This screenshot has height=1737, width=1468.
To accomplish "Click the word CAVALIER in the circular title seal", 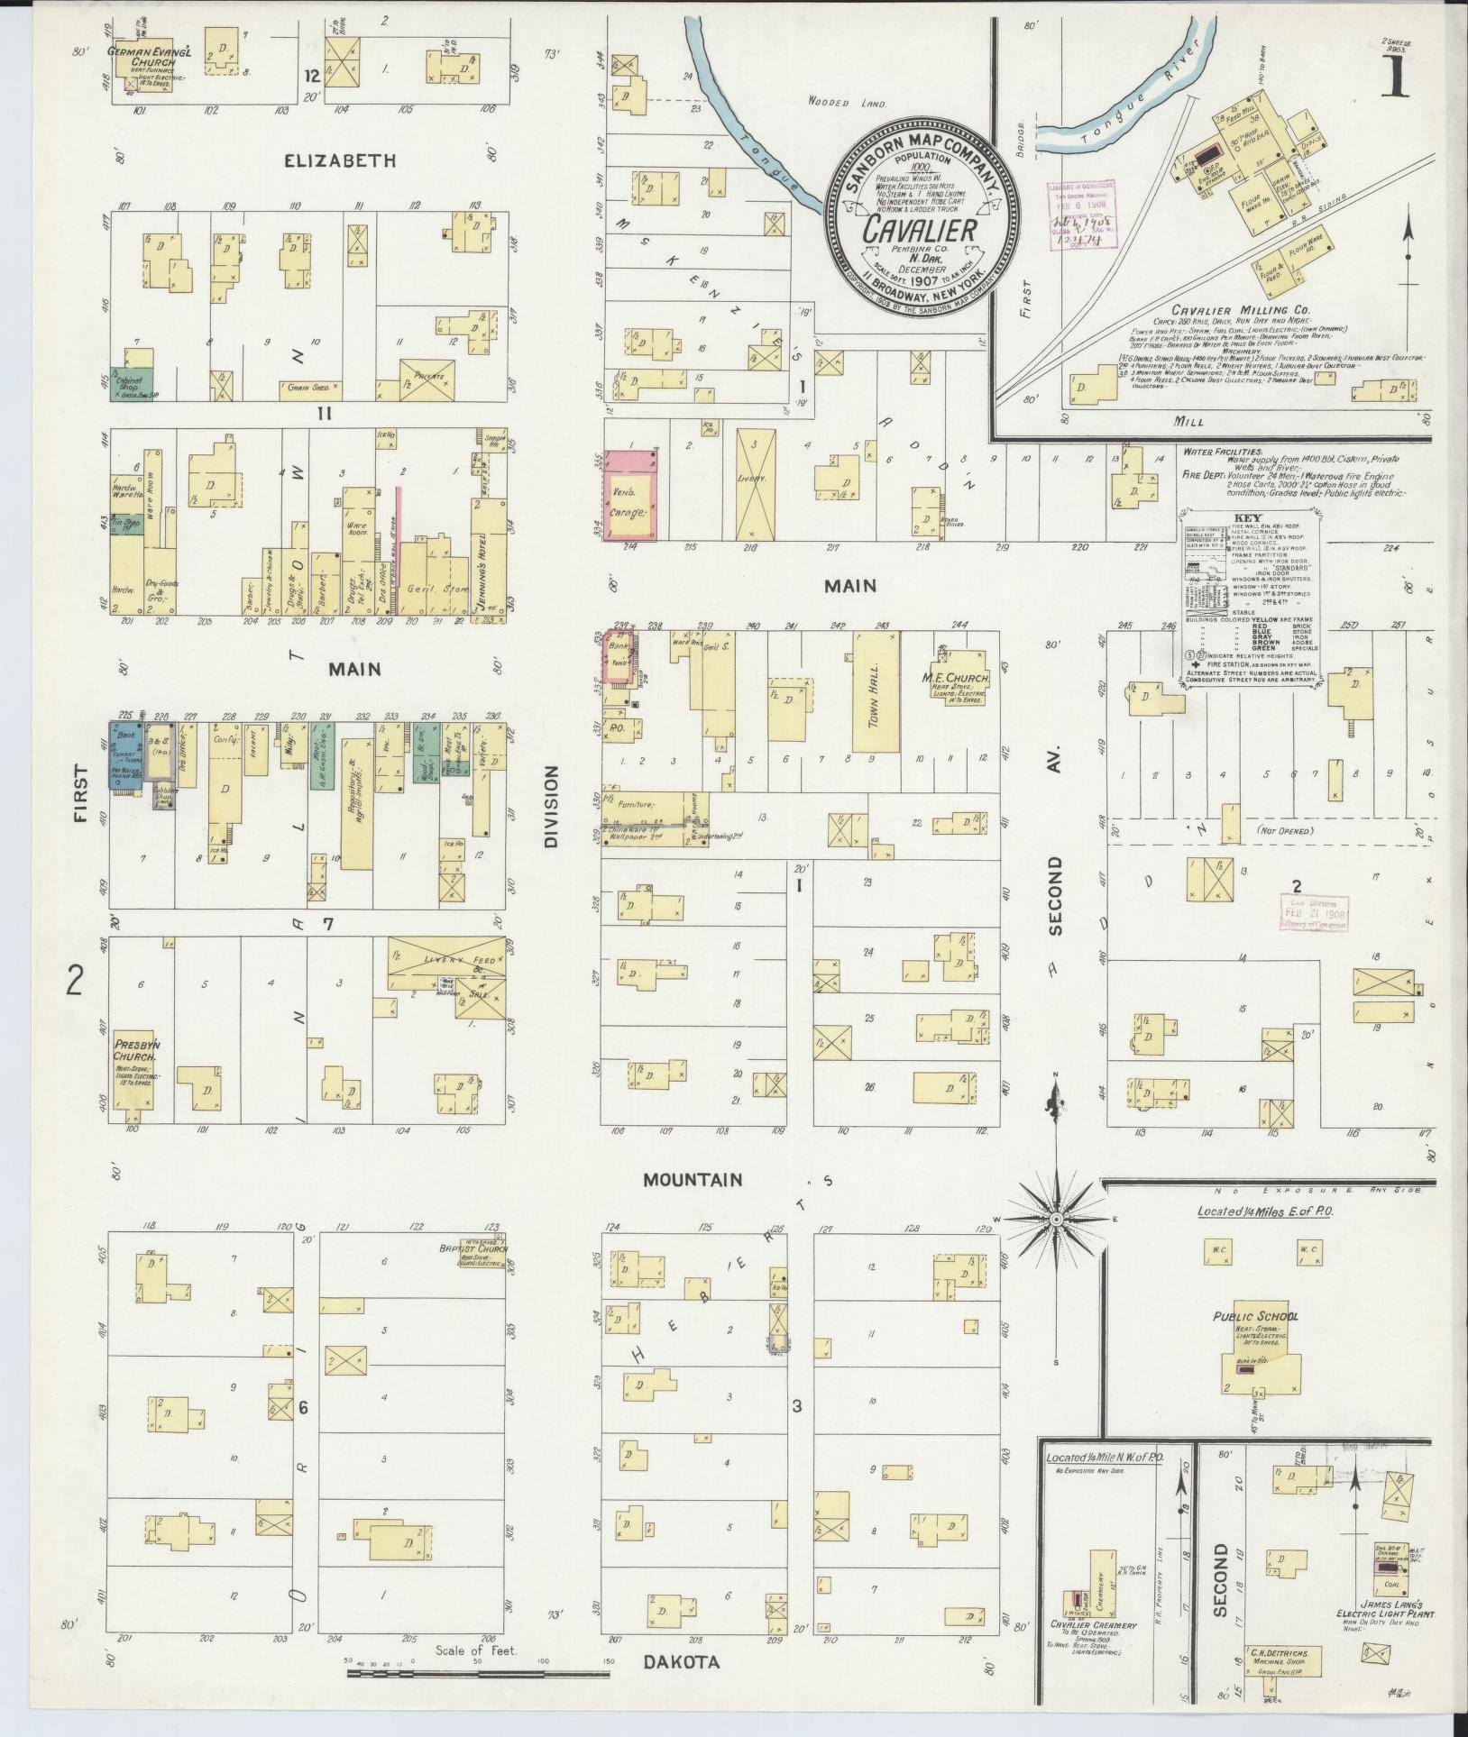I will (x=920, y=230).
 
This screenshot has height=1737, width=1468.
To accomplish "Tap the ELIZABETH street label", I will (x=340, y=160).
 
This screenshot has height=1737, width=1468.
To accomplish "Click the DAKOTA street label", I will (x=682, y=1662).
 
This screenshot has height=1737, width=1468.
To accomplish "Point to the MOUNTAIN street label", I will (x=693, y=1179).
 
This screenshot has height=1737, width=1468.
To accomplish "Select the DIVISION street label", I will (x=552, y=807).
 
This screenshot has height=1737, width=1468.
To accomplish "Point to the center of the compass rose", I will (x=1054, y=1219).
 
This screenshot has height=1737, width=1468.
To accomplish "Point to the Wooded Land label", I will (x=847, y=104).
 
